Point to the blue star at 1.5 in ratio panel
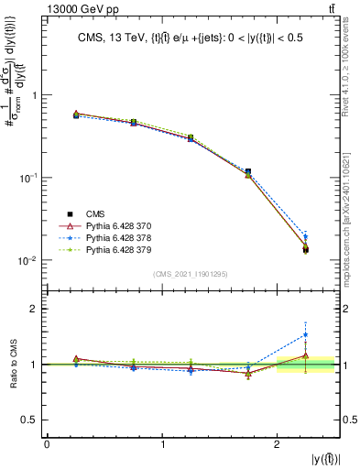(306, 334)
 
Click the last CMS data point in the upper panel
(306, 249)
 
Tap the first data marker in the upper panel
(76, 115)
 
